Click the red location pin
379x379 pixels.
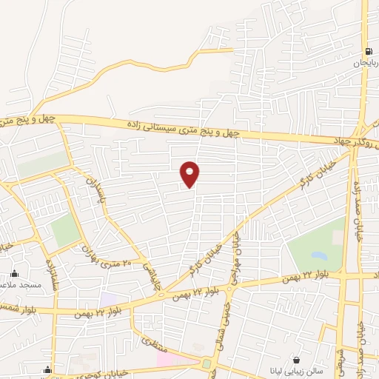190,174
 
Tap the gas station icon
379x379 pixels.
368,52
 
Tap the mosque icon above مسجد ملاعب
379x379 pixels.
13,272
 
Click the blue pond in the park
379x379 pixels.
319,255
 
